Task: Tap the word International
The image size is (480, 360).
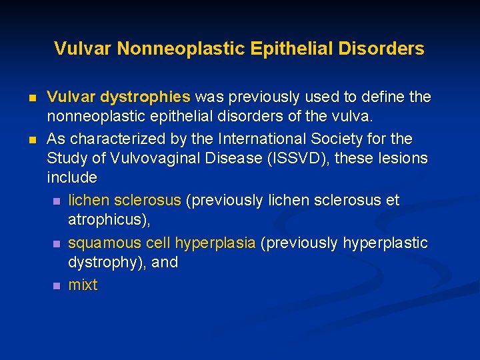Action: pos(264,139)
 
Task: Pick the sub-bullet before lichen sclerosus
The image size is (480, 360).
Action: pos(57,201)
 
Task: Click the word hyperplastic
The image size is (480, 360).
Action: pos(385,243)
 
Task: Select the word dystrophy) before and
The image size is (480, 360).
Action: pos(107,262)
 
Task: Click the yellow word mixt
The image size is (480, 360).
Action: pos(83,285)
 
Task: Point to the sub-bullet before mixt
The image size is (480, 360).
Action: pos(57,285)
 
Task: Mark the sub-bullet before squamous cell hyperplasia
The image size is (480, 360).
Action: pos(57,243)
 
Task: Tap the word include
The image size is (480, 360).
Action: pos(72,178)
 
